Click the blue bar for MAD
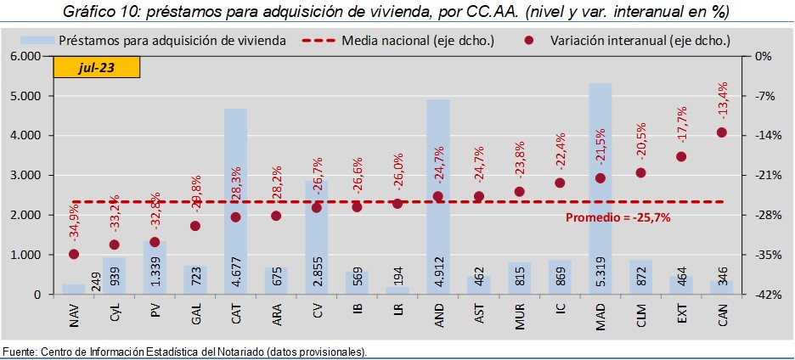coord(600,170)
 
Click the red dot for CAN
coord(722,132)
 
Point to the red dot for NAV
coord(74,254)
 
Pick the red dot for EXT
coord(681,157)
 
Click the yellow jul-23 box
coord(97,67)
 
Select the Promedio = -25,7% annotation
coord(618,217)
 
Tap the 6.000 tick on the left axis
coord(26,56)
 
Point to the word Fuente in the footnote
coord(19,352)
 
